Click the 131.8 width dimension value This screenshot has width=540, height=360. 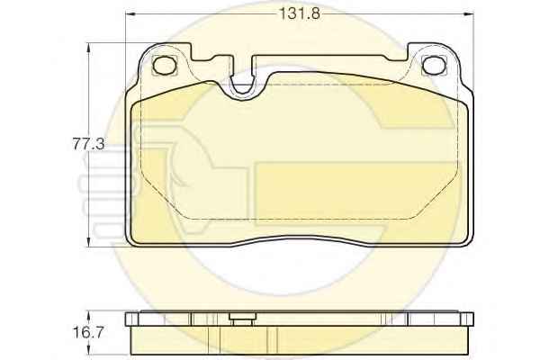click(x=300, y=13)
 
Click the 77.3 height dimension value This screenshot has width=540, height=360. click(x=88, y=144)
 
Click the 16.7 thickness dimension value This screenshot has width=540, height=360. click(x=88, y=332)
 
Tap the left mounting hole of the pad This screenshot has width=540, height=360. click(x=165, y=65)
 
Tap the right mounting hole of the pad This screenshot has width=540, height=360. click(x=434, y=65)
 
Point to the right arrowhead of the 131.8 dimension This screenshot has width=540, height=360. click(x=468, y=14)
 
